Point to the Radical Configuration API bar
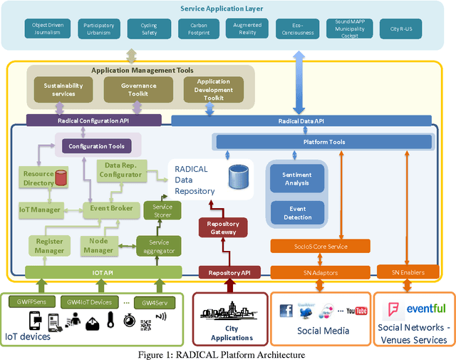tap(93, 121)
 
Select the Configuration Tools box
tap(96, 146)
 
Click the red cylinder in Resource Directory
tap(61, 177)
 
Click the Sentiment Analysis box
tap(297, 178)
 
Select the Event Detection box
tap(297, 212)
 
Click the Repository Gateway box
tap(223, 227)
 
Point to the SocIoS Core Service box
tap(320, 246)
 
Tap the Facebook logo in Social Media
tap(286, 311)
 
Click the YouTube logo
tap(356, 312)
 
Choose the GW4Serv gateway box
tap(154, 302)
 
